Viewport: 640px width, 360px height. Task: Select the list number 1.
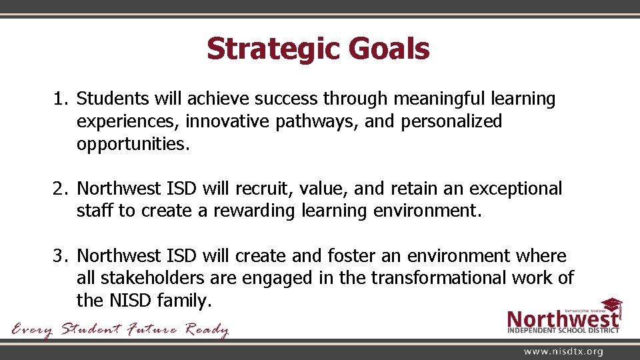pos(59,99)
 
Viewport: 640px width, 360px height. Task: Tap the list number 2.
pos(59,189)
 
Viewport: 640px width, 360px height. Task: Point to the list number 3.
pos(59,256)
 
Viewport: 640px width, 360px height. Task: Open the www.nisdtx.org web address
pos(563,351)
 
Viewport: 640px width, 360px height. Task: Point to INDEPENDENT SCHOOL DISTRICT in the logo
pos(563,329)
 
